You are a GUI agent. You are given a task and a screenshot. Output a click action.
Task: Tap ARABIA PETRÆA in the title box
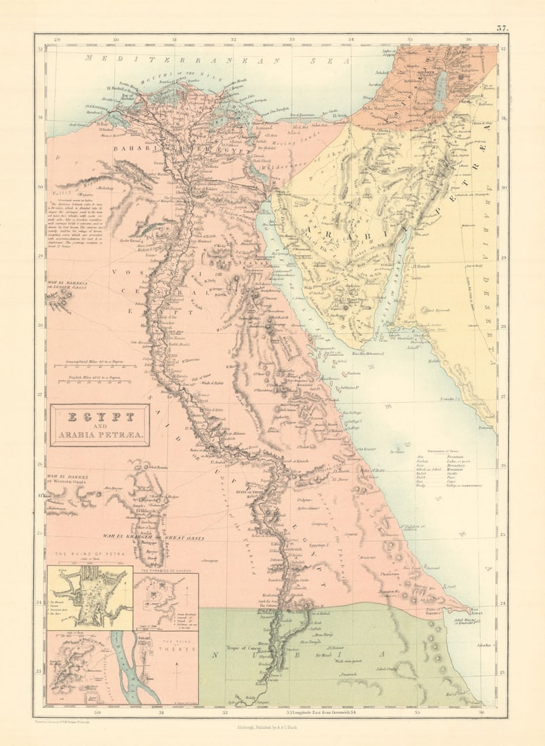[99, 434]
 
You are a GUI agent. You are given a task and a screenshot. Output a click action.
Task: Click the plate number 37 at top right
[502, 28]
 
